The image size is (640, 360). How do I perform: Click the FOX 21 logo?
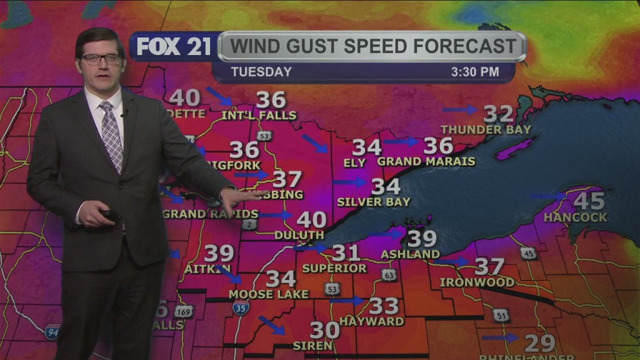174,47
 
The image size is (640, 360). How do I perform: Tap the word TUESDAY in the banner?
261,72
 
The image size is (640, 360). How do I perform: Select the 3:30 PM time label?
475,72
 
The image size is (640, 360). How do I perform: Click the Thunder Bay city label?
486,130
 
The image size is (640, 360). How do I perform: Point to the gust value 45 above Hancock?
589,201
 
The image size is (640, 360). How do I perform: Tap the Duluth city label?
299,236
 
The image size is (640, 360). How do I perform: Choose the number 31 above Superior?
346,252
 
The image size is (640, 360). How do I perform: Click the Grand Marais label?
426,162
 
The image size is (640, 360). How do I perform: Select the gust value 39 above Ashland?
422,239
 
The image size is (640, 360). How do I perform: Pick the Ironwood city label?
477,282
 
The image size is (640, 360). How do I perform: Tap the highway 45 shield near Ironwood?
528,253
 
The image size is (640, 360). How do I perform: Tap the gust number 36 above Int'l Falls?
271,100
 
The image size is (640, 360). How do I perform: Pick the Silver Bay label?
374,202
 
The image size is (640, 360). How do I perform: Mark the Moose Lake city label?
269,294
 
